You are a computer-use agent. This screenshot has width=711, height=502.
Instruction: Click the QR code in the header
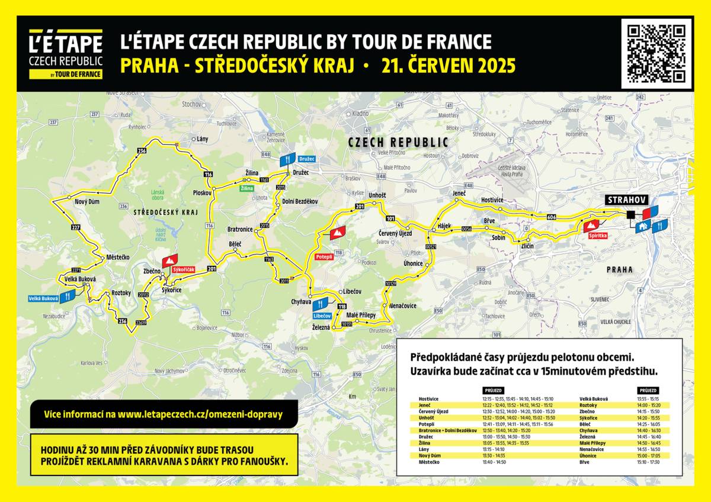click(x=657, y=53)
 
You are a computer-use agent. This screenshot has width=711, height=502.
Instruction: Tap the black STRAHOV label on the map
click(x=626, y=200)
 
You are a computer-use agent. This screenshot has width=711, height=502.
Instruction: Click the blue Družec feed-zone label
click(x=307, y=159)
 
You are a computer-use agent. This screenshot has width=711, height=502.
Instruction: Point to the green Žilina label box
click(x=247, y=188)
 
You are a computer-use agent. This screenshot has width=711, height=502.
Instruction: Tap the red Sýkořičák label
click(x=183, y=269)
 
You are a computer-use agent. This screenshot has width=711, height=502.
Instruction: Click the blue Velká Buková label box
click(x=43, y=298)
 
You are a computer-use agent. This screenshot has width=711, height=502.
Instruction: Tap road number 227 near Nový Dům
click(x=75, y=227)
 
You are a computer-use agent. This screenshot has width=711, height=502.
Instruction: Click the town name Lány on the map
click(x=202, y=139)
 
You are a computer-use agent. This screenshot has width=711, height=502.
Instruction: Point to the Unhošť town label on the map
click(x=377, y=195)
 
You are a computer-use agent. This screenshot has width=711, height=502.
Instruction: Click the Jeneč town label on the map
click(x=459, y=194)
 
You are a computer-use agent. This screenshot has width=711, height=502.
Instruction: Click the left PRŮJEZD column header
click(x=494, y=391)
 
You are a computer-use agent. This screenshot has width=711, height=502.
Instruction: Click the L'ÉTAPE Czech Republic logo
click(x=66, y=54)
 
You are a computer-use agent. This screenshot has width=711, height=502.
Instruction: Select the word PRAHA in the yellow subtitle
click(x=149, y=66)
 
